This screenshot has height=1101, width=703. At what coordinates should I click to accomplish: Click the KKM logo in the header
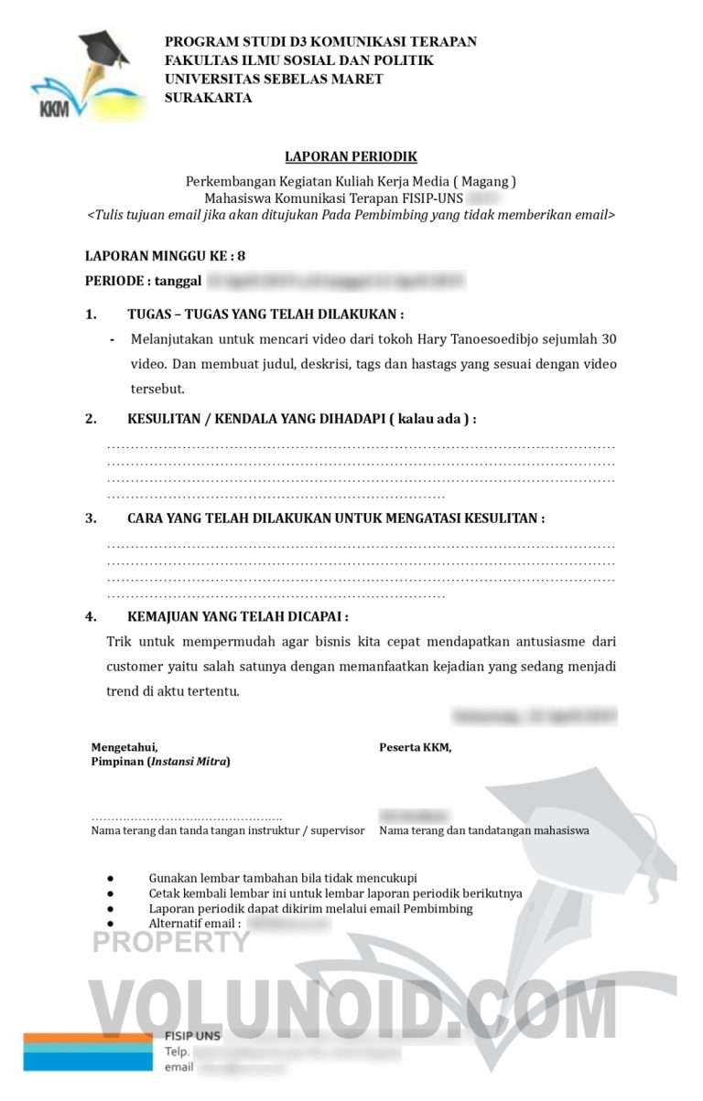coord(81,77)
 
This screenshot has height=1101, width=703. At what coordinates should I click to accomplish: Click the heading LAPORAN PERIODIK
coord(351,157)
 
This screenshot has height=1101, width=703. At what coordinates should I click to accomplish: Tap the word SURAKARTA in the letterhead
coord(208,98)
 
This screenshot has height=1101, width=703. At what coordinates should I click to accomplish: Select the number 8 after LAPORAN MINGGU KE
coord(241,257)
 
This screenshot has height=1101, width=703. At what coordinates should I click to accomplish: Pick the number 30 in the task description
coord(607,339)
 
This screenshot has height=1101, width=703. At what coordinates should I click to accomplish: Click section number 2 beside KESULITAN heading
coord(91,419)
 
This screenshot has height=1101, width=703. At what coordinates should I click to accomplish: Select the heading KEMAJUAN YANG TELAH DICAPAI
coord(237,616)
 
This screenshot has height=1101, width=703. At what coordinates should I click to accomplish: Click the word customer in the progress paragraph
coord(135,666)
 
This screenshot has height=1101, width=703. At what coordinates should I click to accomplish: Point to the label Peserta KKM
coord(415,747)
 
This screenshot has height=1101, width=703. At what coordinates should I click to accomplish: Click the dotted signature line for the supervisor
coord(187,817)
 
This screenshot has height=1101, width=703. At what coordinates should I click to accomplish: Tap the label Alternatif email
coord(194,924)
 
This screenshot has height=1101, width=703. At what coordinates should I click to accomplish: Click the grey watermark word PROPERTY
coord(170,942)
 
